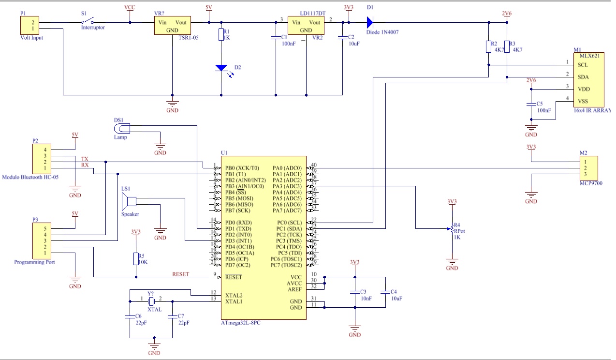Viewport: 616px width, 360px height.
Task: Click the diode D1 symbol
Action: [x=370, y=22]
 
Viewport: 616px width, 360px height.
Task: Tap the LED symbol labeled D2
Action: [x=221, y=68]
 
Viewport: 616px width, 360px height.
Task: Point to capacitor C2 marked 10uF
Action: [x=342, y=37]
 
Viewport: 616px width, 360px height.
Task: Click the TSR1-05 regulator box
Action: [x=173, y=26]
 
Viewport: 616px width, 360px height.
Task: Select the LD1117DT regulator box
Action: [x=306, y=26]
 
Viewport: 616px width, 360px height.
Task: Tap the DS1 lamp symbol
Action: [x=122, y=128]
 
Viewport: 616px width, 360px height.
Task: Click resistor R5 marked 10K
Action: [x=136, y=259]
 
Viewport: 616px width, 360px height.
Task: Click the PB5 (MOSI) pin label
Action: [x=240, y=198]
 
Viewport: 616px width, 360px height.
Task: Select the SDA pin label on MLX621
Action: [x=583, y=77]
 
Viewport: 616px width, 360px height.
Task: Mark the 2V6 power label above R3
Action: [x=507, y=14]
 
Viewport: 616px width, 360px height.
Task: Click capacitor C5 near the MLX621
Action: [x=531, y=104]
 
